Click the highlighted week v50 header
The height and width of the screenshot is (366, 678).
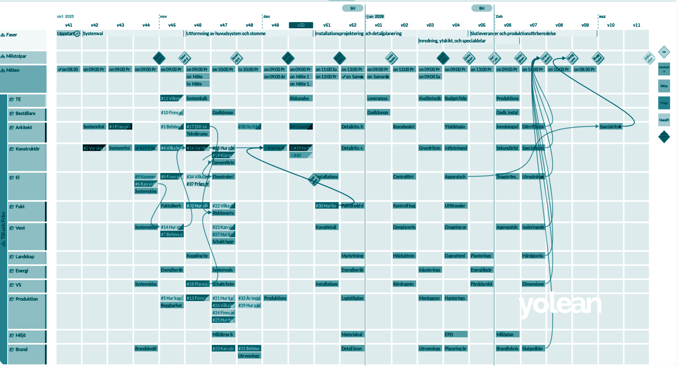[301, 25]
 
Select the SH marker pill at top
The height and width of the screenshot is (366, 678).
[352, 8]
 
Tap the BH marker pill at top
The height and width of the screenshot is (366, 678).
[482, 8]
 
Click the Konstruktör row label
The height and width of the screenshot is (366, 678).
[27, 149]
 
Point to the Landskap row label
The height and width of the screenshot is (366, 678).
[25, 257]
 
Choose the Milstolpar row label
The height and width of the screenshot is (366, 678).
[16, 56]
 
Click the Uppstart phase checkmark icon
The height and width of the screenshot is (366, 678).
[77, 33]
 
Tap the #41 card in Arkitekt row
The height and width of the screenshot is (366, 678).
[301, 127]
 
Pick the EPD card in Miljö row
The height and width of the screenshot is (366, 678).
[456, 335]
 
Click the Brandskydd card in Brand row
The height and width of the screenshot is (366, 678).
[146, 349]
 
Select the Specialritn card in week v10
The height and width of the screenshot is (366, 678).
[610, 127]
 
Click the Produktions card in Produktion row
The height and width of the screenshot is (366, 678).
[275, 298]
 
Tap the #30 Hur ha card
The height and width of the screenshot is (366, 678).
[326, 206]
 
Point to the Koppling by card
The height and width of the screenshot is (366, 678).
[197, 256]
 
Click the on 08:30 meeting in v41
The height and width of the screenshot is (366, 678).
[68, 69]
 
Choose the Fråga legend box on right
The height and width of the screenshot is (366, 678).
[664, 103]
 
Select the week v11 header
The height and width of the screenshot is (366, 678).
[636, 25]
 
